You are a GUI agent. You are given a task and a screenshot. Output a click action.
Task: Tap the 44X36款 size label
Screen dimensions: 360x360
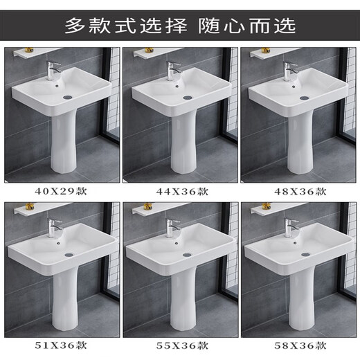click(x=178, y=190)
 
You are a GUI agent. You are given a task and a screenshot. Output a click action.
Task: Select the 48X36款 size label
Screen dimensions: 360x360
click(x=296, y=190)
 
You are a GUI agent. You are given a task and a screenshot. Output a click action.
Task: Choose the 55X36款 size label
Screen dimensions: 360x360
click(x=178, y=344)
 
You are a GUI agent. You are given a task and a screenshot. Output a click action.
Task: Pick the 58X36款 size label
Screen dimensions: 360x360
click(x=296, y=344)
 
